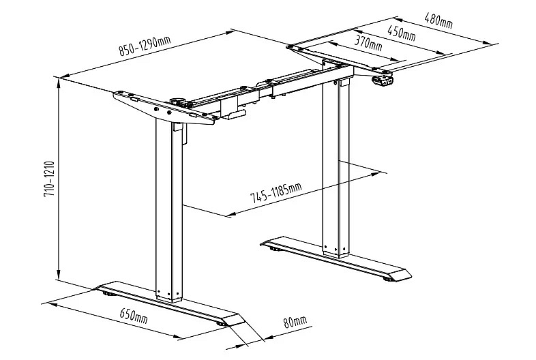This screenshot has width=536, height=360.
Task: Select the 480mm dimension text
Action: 438,20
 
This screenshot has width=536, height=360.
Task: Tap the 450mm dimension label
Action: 401,33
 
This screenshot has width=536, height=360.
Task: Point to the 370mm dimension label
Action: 368,43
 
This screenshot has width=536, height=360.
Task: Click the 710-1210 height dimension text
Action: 50,179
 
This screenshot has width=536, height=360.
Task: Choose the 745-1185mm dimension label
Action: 276,193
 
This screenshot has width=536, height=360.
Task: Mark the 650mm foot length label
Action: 133,316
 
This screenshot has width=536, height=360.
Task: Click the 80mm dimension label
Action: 295,322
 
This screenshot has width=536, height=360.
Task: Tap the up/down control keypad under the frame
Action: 383,81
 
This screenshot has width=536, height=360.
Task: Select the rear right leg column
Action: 336,168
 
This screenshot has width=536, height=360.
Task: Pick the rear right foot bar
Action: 336,259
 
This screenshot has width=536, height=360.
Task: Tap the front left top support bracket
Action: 166,108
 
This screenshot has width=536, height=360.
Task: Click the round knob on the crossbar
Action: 177,101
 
